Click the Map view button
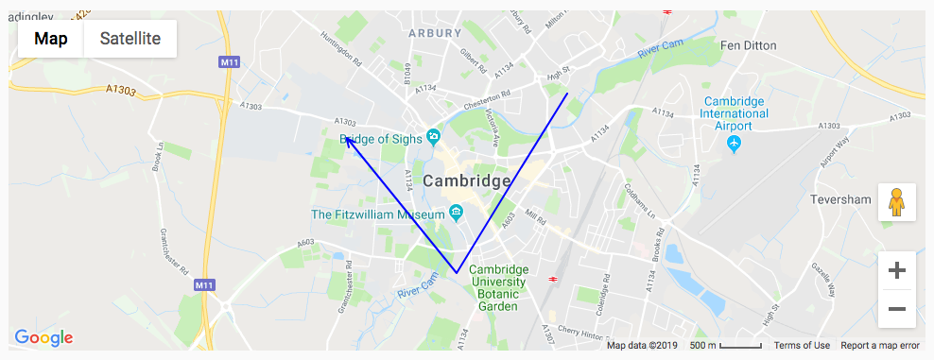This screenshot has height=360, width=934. pos(51,39)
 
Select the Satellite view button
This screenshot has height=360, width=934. pos(130,39)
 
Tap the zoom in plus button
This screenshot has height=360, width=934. pos(897,270)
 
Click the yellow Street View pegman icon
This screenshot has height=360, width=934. pos(897,202)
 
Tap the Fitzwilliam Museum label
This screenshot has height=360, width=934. pos(378,214)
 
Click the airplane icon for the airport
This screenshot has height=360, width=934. pos(734,143)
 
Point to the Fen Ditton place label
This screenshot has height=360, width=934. pos(748,45)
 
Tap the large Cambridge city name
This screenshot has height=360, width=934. pos(467,180)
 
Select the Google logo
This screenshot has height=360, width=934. pos(43,337)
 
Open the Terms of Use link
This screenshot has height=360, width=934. pos(802,346)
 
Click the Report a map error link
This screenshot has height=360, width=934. pos(880,346)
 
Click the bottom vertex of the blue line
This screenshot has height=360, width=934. pos(457,273)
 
